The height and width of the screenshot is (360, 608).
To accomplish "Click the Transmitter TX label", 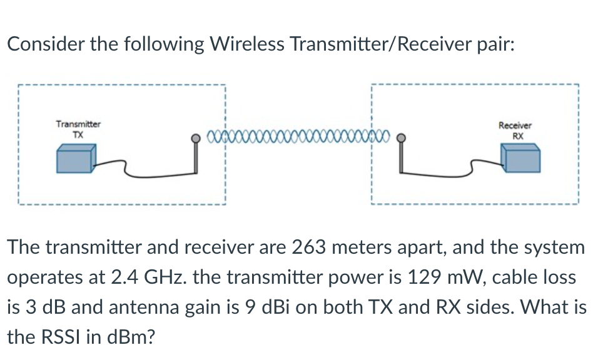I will tap(78, 129).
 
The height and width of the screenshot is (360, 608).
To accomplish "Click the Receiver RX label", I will tap(516, 130).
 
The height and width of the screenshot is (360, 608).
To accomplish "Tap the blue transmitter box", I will tap(76, 159).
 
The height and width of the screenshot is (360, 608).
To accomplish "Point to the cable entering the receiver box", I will tap(482, 164).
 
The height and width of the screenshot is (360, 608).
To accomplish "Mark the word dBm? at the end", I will tap(129, 337).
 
